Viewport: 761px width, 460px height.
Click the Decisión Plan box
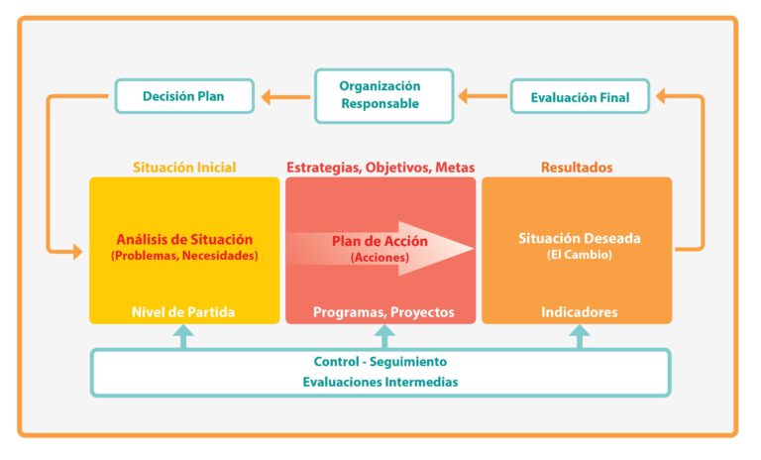pos(183,97)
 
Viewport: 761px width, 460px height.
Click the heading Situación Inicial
pos(184,168)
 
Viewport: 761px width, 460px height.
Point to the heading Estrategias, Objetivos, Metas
pos(380,168)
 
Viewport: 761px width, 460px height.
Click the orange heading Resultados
pos(577,168)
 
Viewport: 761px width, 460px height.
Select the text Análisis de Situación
pos(184,239)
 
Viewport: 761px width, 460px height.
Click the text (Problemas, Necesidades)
pos(184,256)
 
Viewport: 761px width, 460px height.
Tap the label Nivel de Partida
pos(183,312)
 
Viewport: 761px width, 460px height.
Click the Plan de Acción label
pos(368,241)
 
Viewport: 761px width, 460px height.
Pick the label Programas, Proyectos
pos(383,312)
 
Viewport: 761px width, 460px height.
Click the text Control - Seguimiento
pos(380,362)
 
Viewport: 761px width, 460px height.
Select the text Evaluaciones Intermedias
pos(380,382)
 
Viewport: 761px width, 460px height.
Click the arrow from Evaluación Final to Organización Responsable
pos(483,96)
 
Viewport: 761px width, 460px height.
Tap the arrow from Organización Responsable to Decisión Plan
pos(284,96)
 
